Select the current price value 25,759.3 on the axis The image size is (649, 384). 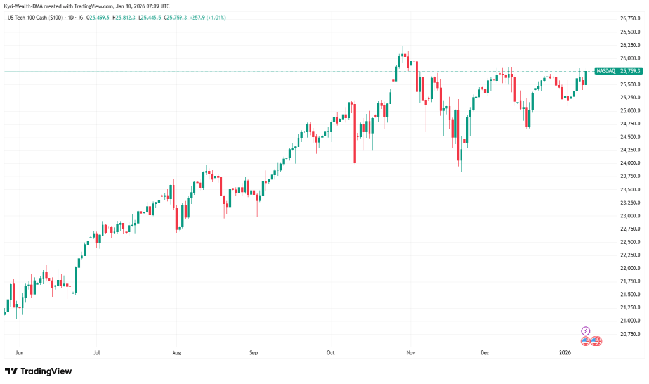(x=631, y=71)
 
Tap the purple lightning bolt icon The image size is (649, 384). (x=586, y=331)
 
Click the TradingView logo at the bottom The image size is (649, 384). (x=38, y=371)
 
